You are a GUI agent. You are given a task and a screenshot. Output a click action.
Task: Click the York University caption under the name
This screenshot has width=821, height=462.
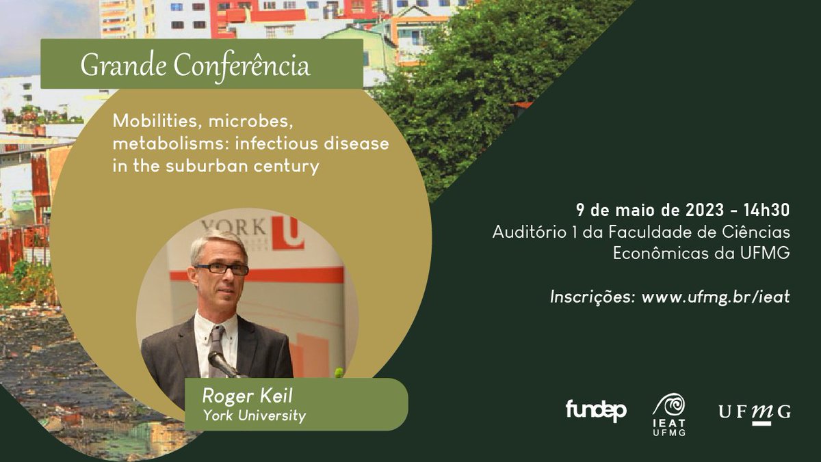click(x=254, y=415)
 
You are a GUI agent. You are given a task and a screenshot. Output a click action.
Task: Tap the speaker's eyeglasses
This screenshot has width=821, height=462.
click(x=220, y=269)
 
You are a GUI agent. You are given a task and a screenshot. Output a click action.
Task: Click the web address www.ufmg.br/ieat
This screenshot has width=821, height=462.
click(x=716, y=297)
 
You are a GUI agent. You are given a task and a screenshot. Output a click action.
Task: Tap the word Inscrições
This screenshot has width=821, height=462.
click(x=592, y=297)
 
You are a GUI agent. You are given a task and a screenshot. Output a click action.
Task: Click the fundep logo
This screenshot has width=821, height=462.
click(x=595, y=410)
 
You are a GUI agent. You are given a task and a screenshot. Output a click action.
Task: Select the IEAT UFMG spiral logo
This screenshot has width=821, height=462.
click(x=668, y=413)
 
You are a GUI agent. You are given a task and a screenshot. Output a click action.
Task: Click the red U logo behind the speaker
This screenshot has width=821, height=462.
click(x=287, y=232)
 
